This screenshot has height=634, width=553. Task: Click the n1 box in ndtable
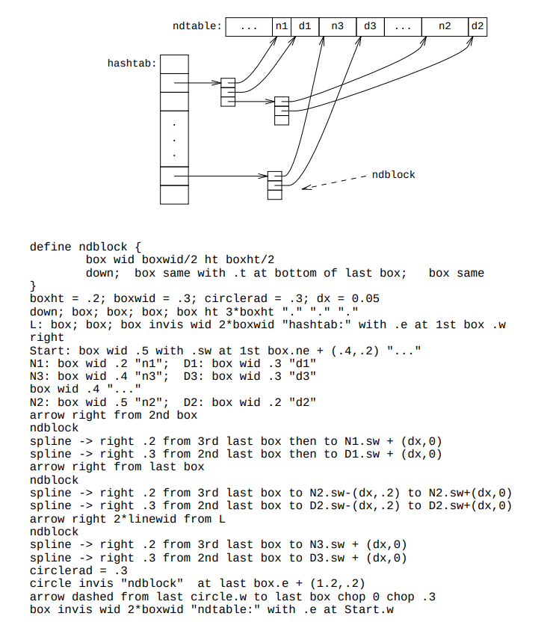282,27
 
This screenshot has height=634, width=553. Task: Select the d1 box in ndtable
305,27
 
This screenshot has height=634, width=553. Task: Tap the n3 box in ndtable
338,27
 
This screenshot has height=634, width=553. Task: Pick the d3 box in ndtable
370,27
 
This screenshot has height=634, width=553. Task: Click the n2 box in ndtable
445,27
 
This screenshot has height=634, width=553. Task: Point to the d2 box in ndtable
478,27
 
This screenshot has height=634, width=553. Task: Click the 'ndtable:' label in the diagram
197,26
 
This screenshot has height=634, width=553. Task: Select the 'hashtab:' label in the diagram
132,64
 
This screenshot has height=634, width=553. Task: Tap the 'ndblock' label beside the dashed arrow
393,175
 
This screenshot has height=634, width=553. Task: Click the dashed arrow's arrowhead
305,188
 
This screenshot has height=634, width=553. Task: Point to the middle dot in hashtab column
174,141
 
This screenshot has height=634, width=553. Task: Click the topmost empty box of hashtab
174,64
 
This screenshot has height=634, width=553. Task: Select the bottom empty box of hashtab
174,195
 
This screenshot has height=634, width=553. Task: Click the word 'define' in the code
51,247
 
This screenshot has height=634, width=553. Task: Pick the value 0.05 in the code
365,299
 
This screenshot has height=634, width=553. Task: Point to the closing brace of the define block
33,286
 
